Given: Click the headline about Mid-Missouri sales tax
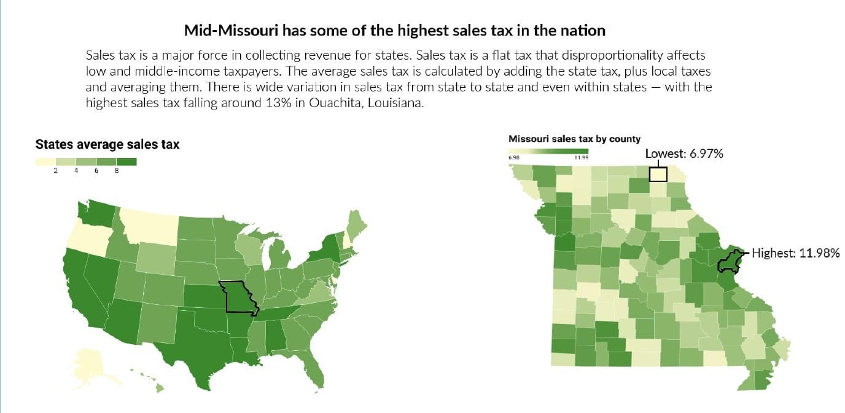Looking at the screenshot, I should (x=395, y=30).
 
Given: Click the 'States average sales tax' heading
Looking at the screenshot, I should (x=107, y=144).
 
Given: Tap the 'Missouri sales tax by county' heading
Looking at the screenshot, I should (x=574, y=139).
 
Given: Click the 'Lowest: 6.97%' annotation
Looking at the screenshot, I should (x=683, y=154).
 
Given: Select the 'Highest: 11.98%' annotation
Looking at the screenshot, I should (x=795, y=253).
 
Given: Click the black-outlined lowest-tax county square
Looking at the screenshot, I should (x=658, y=174).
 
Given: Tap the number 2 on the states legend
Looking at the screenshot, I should (x=56, y=171).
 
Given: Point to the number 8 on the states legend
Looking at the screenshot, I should (x=116, y=171).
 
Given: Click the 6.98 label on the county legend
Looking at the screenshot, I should (x=514, y=158).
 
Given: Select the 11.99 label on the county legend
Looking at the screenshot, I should (x=580, y=158).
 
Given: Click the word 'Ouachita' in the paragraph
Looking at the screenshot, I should (x=332, y=103).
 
